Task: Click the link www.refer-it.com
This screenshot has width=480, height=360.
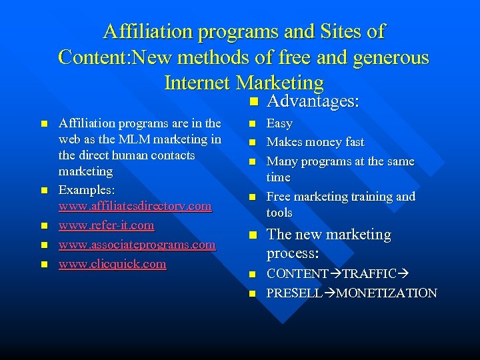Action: pyautogui.click(x=107, y=225)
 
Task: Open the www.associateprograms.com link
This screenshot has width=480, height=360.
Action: pyautogui.click(x=137, y=245)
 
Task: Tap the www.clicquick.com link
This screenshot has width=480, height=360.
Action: pyautogui.click(x=112, y=264)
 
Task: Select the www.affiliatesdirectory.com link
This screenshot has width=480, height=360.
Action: pyautogui.click(x=135, y=207)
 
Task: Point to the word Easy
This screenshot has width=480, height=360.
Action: pyautogui.click(x=279, y=123)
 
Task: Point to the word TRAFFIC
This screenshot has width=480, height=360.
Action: pyautogui.click(x=365, y=274)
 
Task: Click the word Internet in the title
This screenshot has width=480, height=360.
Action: pyautogui.click(x=197, y=83)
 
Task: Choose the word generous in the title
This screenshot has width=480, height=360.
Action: pyautogui.click(x=389, y=57)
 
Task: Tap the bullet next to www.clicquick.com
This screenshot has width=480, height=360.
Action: pyautogui.click(x=45, y=265)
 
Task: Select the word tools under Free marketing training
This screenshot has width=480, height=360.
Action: pyautogui.click(x=279, y=213)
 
